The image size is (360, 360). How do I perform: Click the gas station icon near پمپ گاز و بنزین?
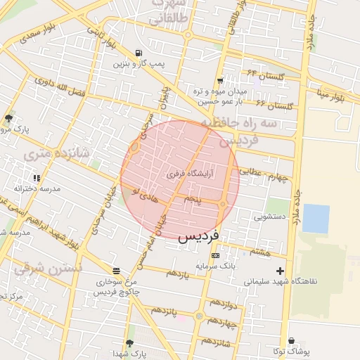tap(138, 53)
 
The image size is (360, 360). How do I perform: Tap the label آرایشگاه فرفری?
tap(191, 172)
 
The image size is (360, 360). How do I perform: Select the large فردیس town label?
tap(199, 236)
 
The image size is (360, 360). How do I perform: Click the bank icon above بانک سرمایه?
tap(215, 255)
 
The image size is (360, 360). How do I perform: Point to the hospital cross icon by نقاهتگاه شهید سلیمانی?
tap(281, 271)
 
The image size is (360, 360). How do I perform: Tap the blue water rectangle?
tap(316, 218)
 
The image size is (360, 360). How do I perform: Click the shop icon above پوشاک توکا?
tap(291, 341)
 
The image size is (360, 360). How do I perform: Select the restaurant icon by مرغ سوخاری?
tap(116, 271)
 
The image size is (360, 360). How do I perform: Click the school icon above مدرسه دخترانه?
tap(37, 179)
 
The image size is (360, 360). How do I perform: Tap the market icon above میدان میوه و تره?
tap(221, 81)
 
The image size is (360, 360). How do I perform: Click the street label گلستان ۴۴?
tap(262, 72)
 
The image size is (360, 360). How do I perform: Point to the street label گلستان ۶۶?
tap(274, 105)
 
